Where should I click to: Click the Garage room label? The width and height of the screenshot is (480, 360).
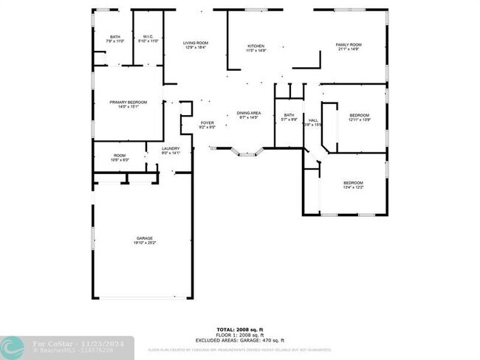144,240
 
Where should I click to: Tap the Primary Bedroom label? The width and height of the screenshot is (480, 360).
128,103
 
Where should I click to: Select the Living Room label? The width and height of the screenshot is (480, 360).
195,45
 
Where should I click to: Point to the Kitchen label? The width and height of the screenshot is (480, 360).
256,48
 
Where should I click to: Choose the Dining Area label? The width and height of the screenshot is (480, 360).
248,115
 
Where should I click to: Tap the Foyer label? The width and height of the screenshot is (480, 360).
208,124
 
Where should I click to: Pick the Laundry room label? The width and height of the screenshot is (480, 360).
171,150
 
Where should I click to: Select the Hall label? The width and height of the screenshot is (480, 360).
313,122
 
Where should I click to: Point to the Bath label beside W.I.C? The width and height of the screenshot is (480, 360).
115,38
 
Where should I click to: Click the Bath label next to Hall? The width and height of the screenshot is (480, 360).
289,117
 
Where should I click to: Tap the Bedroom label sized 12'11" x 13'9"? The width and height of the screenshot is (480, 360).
359,117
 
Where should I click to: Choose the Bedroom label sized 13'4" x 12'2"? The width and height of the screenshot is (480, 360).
353,184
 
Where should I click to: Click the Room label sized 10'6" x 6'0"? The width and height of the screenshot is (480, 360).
120,157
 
